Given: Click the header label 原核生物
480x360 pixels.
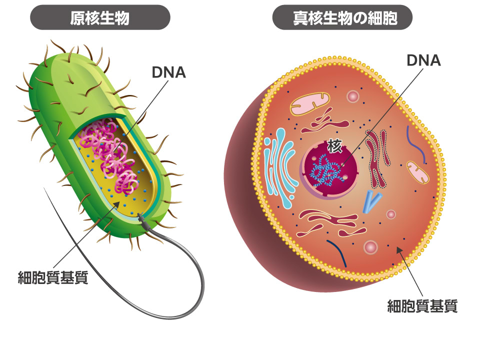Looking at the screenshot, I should [x=100, y=18].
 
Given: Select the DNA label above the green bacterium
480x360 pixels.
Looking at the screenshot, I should [x=168, y=72].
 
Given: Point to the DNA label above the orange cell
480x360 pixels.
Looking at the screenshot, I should [x=423, y=60].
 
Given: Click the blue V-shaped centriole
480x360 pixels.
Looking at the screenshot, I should [x=370, y=200].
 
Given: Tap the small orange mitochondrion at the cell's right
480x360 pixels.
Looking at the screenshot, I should [x=418, y=171].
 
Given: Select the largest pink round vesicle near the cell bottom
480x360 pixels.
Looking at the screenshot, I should [x=371, y=247].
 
